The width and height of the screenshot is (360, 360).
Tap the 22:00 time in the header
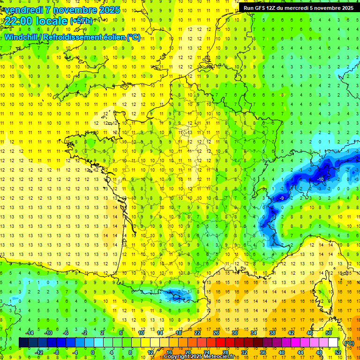[19, 21]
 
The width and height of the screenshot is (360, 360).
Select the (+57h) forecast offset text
[81, 21]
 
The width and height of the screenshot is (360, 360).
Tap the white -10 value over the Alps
[321, 180]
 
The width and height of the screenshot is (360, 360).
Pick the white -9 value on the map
[282, 198]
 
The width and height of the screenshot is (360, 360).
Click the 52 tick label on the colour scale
[338, 352]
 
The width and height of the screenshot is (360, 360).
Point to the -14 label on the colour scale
[30, 333]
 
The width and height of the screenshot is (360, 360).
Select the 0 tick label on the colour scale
[93, 352]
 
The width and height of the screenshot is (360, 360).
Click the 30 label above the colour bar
[234, 333]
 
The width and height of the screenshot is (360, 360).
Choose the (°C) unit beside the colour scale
[349, 343]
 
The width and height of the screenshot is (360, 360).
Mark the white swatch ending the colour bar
[333, 343]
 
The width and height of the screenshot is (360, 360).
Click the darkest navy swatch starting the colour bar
[23, 343]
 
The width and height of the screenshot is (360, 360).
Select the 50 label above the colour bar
[329, 333]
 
